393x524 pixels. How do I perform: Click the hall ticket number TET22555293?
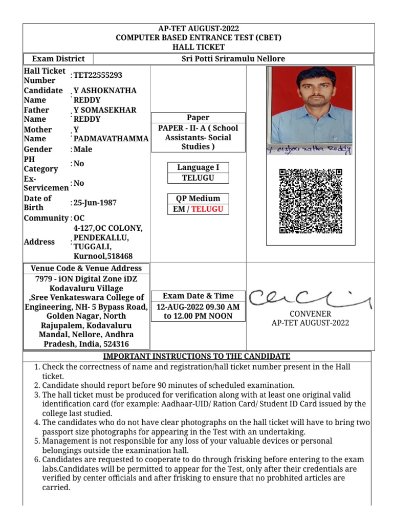pos(98,75)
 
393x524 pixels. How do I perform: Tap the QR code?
pos(311,201)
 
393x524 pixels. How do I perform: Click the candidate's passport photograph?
pos(311,104)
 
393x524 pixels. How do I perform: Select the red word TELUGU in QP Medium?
pos(207,209)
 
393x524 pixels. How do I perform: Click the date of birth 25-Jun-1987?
pos(95,203)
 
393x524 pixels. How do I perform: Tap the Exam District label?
pos(58,59)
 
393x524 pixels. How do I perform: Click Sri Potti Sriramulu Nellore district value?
pos(233,59)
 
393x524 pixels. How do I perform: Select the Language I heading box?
pos(198,167)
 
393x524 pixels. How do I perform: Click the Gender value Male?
pos(83,149)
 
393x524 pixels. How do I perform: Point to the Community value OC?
pos(79,218)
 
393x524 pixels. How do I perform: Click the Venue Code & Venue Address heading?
pos(86,268)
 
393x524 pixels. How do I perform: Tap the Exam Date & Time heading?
pos(198,296)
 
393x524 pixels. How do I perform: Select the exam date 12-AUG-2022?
pos(179,307)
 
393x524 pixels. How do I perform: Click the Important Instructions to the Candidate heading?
pos(197,356)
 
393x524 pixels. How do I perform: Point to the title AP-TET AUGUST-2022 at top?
pos(198,29)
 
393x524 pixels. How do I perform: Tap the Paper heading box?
pos(198,118)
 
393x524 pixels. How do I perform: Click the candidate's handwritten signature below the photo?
pos(310,149)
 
